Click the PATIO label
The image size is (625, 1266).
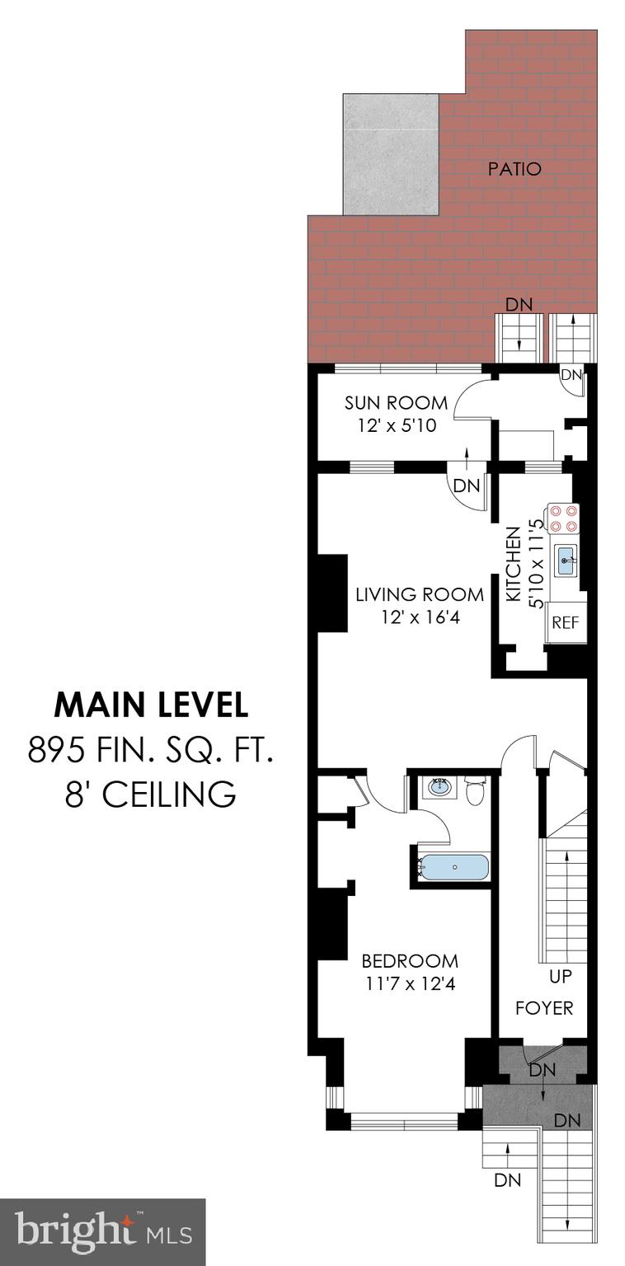pos(515,169)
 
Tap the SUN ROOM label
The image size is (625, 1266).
pos(396,403)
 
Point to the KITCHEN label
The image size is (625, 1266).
pos(512,565)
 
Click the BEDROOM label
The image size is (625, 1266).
pos(410,961)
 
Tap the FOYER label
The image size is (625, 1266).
pos(543,1008)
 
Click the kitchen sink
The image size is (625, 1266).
pos(566,561)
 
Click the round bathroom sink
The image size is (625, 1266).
pos(440,787)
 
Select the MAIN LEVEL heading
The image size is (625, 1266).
pos(151,705)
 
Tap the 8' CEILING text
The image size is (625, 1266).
pos(151,795)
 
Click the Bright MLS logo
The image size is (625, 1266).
pos(102,1231)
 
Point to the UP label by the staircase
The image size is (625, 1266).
pos(562,978)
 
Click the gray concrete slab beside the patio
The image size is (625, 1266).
pos(390,154)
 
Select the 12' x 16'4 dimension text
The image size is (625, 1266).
pos(406,616)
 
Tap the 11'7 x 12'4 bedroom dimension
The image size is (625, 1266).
pos(410,982)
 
